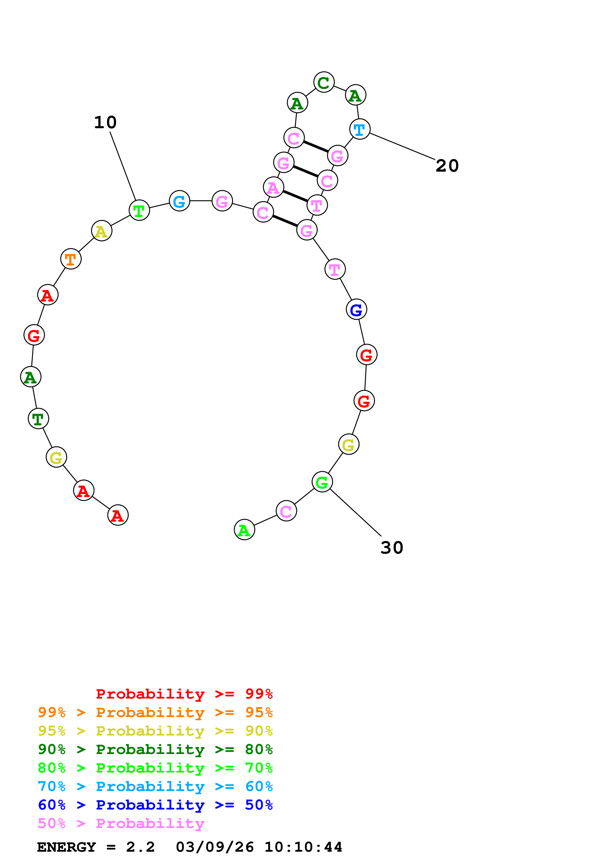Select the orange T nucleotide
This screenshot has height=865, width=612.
pyautogui.click(x=71, y=259)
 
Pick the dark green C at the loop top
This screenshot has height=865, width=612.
pyautogui.click(x=324, y=82)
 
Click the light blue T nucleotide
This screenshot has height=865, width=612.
pyautogui.click(x=359, y=129)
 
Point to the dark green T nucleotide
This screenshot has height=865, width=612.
pyautogui.click(x=38, y=418)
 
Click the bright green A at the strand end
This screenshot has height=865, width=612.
pyautogui.click(x=244, y=530)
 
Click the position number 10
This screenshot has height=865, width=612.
pyautogui.click(x=105, y=123)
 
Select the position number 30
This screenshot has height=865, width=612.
pyautogui.click(x=392, y=548)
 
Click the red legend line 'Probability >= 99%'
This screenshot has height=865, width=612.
pyautogui.click(x=184, y=694)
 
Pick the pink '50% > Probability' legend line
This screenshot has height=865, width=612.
pyautogui.click(x=121, y=824)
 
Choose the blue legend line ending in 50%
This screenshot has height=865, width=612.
pyautogui.click(x=155, y=805)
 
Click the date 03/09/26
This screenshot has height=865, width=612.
pyautogui.click(x=215, y=847)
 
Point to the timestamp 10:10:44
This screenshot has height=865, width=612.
pyautogui.click(x=303, y=847)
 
